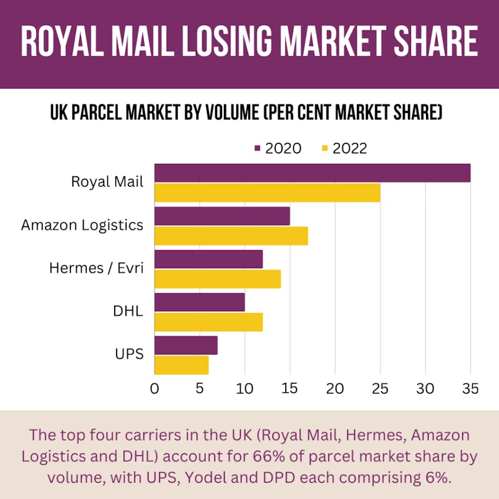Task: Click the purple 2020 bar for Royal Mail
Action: [x=312, y=173]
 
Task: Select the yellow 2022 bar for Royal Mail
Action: [x=267, y=193]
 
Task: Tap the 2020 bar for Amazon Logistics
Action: [x=222, y=216]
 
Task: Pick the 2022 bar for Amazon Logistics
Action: [x=231, y=236]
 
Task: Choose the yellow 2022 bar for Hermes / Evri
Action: [x=217, y=279]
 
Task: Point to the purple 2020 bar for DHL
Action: [x=200, y=303]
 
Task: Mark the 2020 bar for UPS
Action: [x=186, y=346]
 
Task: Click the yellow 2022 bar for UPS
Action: [x=182, y=365]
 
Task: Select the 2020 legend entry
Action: [x=278, y=148]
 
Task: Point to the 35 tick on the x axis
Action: [x=470, y=389]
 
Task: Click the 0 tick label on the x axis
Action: [x=155, y=389]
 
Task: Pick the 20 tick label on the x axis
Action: [x=335, y=389]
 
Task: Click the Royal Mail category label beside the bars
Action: [x=107, y=182]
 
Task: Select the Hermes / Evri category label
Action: [x=97, y=268]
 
